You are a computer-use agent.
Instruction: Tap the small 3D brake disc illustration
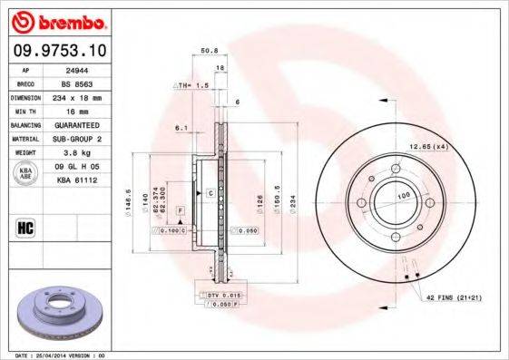(58, 313)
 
